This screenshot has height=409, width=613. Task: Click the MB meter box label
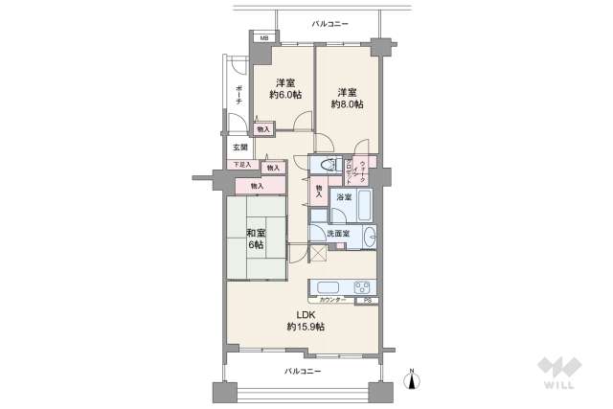260,38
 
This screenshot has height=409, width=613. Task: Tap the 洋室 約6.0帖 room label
284,88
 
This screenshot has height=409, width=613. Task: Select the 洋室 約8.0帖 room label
348,98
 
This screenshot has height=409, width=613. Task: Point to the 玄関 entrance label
239,148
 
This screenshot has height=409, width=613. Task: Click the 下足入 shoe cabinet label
244,165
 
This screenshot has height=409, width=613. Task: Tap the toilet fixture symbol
326,165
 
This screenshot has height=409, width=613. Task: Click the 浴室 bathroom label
342,197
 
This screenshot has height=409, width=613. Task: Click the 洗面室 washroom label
337,234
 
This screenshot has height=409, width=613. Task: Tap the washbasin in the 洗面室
369,237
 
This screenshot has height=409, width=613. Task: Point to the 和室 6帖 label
256,239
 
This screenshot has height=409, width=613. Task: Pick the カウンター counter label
333,301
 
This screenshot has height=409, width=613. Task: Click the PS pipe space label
366,301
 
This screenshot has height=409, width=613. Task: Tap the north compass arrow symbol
412,378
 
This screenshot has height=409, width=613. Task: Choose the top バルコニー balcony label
330,23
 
